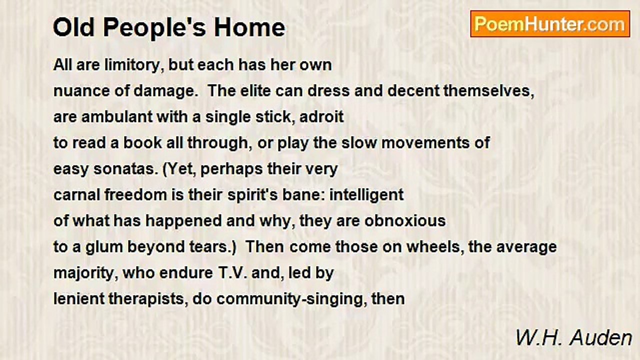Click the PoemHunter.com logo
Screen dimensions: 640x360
point(550,24)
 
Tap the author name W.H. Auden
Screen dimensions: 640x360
point(573,338)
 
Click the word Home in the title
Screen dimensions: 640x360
point(249,27)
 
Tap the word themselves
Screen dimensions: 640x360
point(488,91)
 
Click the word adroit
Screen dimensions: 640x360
point(321,117)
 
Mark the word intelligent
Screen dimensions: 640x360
point(366,195)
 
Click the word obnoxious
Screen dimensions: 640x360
point(405,221)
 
